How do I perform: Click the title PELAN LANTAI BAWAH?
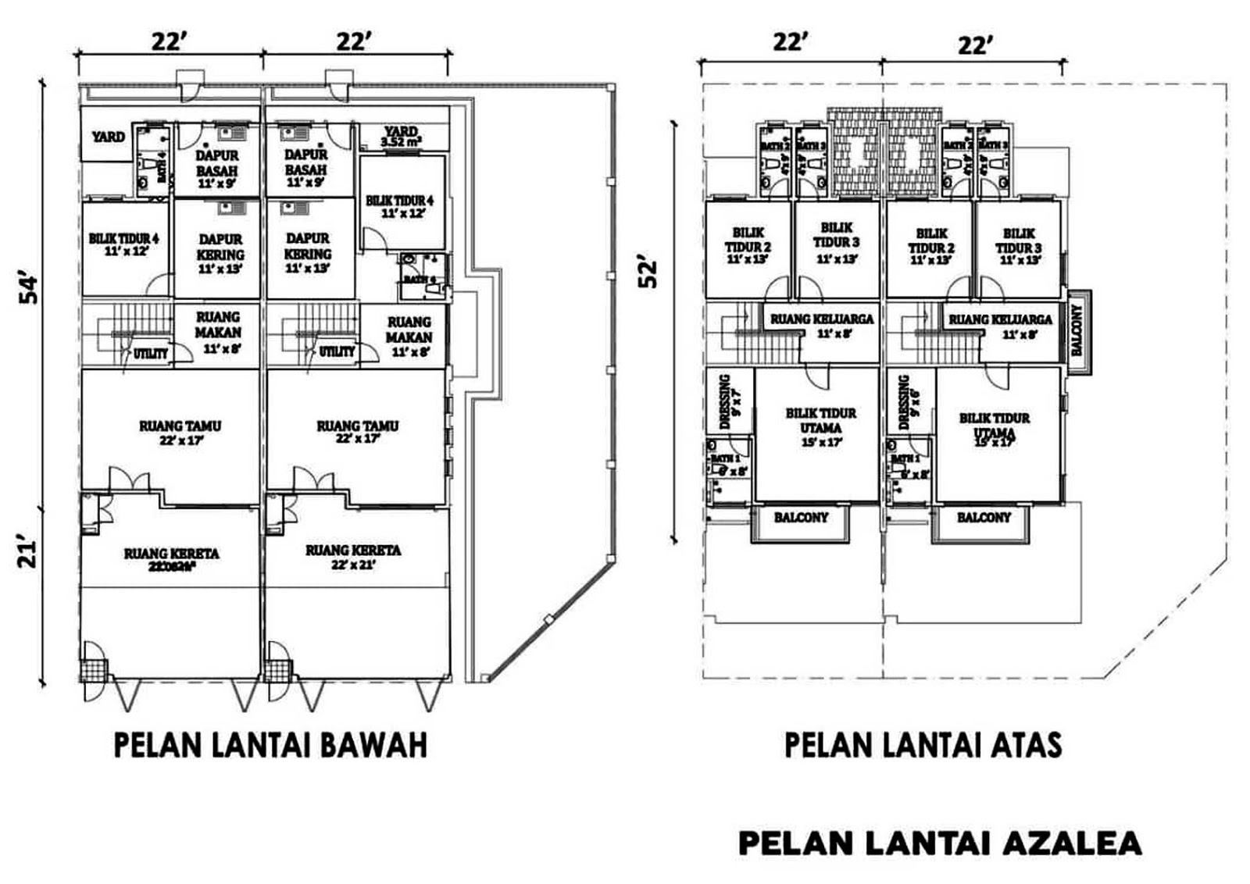[x=270, y=745]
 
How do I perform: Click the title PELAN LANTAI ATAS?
[x=923, y=745]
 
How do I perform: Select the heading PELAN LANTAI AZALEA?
[x=940, y=844]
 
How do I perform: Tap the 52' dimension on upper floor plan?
[x=648, y=273]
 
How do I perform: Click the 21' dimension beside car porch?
[x=29, y=553]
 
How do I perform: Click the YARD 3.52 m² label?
[x=401, y=137]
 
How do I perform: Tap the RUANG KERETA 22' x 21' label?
[x=353, y=557]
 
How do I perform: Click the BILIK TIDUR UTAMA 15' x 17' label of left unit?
[x=820, y=426]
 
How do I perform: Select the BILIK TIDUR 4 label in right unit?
[x=399, y=206]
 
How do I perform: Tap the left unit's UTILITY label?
[x=150, y=354]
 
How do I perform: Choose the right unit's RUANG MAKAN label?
[x=409, y=336]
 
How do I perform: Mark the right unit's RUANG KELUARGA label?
[x=1000, y=325]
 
